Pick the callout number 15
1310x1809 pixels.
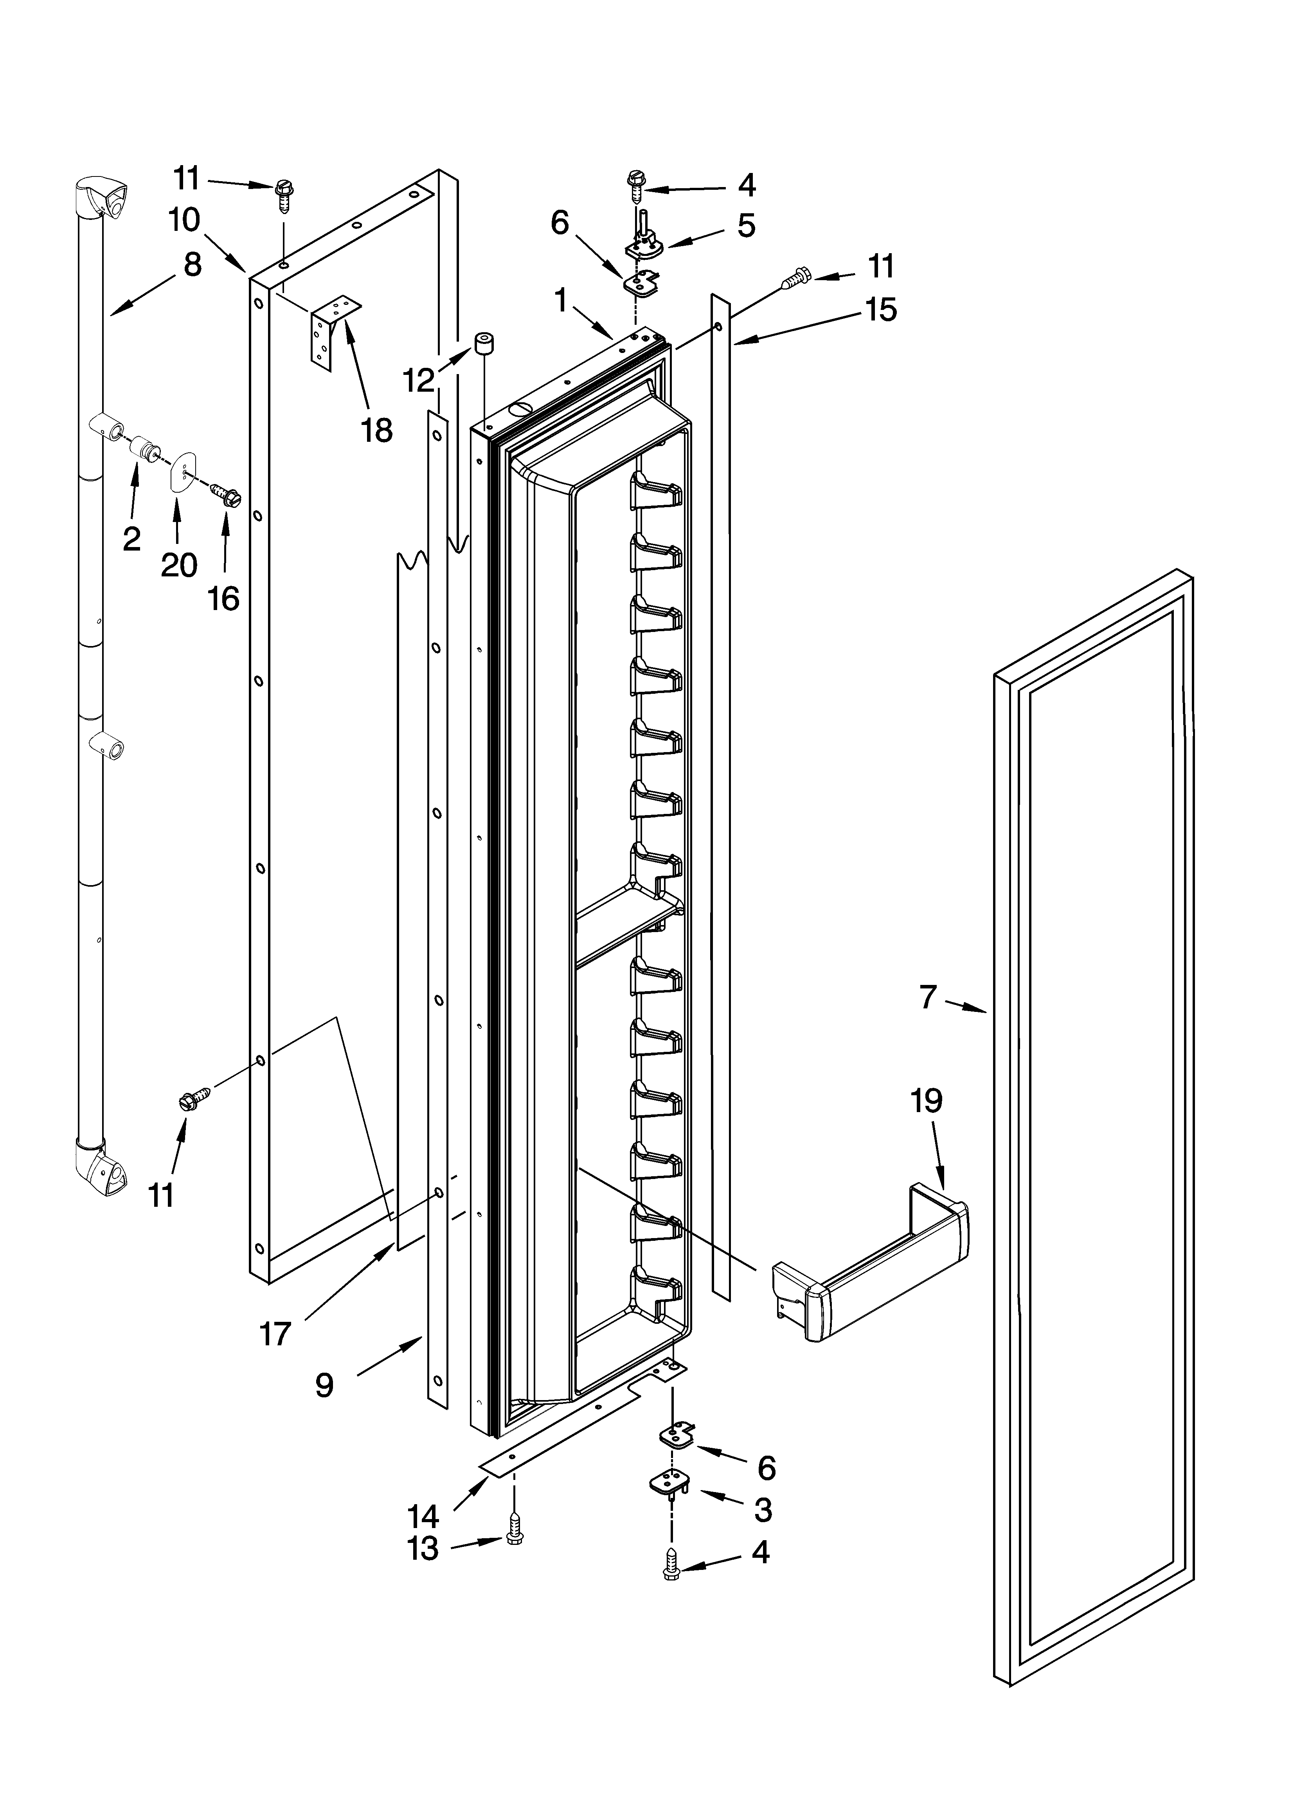(881, 310)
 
